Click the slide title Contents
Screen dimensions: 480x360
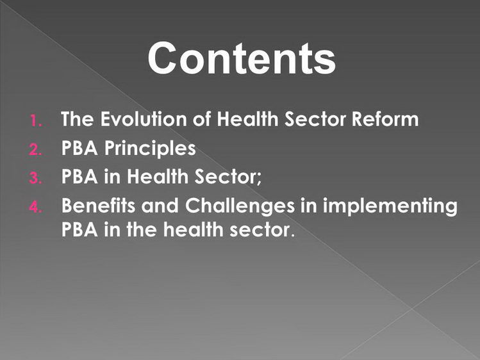click(242, 58)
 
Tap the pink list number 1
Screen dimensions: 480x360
click(36, 120)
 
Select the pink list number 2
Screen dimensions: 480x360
click(35, 149)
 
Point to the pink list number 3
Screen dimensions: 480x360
click(35, 178)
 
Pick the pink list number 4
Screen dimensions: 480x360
click(35, 207)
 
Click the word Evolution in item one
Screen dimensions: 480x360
click(144, 119)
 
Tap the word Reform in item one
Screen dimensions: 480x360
click(385, 119)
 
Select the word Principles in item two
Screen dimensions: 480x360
click(150, 149)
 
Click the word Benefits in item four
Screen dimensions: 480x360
click(98, 205)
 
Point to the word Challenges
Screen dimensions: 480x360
click(240, 206)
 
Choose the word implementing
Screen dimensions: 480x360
click(390, 206)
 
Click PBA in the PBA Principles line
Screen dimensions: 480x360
click(79, 148)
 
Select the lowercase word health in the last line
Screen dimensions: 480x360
click(193, 229)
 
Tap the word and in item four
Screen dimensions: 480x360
click(160, 205)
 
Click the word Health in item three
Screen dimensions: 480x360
click(158, 177)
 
